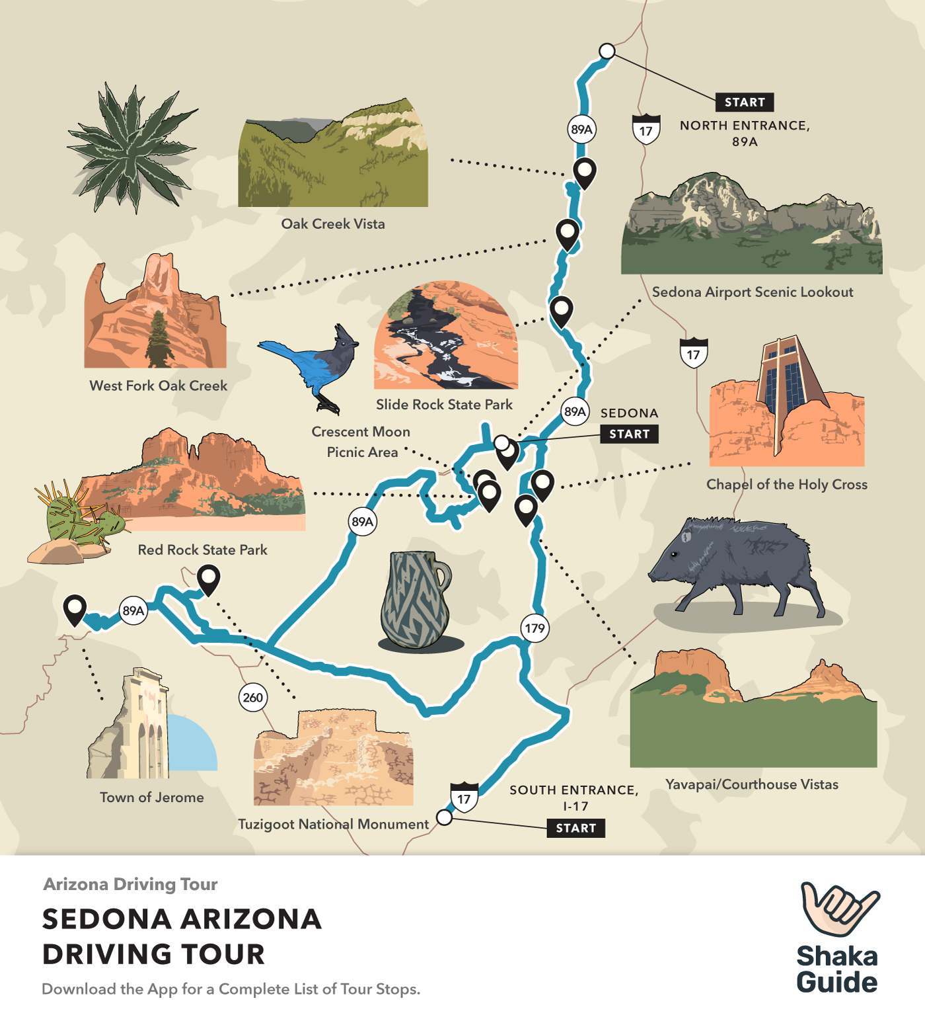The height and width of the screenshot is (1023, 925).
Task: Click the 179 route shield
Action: coord(535,628)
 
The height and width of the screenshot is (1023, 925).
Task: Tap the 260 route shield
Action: coord(252,697)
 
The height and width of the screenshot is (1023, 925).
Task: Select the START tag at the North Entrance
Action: coord(744,102)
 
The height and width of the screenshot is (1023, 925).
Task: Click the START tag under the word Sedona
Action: coord(629,434)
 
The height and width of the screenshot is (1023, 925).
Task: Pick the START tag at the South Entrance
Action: coord(575,828)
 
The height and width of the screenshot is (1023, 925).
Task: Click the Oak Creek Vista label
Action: coord(333,224)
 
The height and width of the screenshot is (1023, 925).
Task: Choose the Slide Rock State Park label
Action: coord(444,405)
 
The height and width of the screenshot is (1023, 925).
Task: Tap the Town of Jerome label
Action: coord(152,798)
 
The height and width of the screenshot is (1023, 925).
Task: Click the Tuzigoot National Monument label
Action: coord(334,824)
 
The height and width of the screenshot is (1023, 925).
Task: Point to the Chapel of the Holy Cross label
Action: coord(786,485)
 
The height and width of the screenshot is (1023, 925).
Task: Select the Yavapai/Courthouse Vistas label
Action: coord(751,784)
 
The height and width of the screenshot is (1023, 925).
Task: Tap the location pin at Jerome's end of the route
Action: coord(75,608)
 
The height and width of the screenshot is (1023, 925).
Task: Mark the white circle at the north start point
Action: coord(607,51)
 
